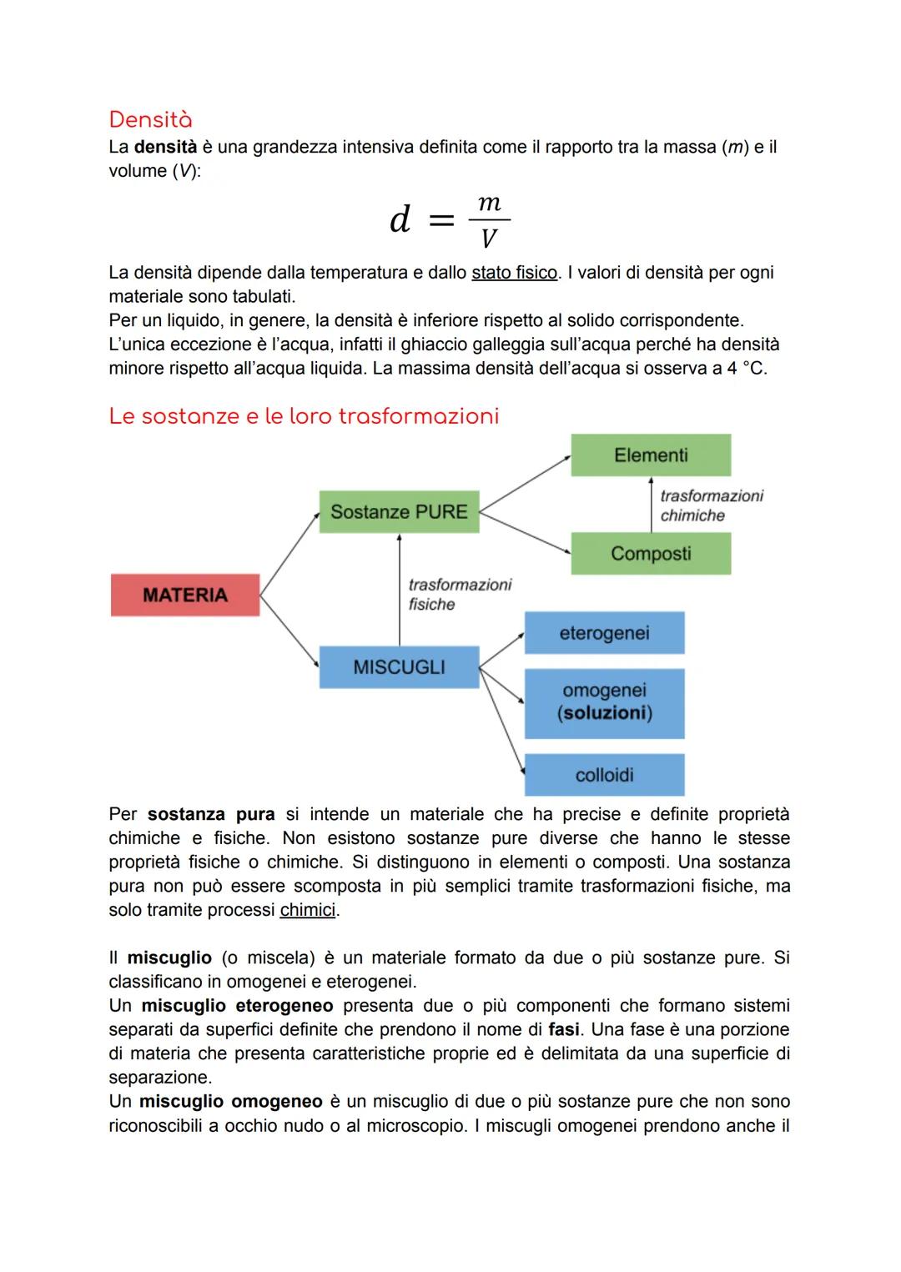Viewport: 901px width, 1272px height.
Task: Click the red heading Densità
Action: click(150, 119)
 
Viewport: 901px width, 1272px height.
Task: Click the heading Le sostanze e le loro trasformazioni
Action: click(304, 415)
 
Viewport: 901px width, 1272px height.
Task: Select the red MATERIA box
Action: click(185, 595)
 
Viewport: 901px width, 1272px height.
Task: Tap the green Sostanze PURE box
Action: click(399, 511)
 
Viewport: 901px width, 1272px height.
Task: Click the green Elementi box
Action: click(651, 455)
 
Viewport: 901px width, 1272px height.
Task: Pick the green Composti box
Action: click(651, 553)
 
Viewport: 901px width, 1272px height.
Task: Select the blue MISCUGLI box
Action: click(399, 667)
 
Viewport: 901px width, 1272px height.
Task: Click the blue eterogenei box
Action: click(604, 633)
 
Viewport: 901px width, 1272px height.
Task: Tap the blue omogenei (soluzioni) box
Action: click(604, 702)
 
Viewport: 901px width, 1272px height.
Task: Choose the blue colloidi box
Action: click(604, 775)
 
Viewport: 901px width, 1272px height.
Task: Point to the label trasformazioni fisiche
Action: click(459, 595)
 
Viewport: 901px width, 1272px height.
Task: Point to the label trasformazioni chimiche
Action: click(711, 505)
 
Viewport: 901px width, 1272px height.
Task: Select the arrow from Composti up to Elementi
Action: click(651, 504)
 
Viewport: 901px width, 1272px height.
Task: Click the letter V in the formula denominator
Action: click(489, 240)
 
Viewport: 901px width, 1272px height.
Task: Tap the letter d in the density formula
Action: click(400, 219)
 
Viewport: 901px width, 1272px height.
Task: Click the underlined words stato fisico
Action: click(514, 273)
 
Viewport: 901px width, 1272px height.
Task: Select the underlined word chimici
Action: click(307, 910)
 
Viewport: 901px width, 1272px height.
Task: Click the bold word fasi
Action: click(564, 1029)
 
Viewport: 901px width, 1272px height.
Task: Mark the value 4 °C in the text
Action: click(744, 368)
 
